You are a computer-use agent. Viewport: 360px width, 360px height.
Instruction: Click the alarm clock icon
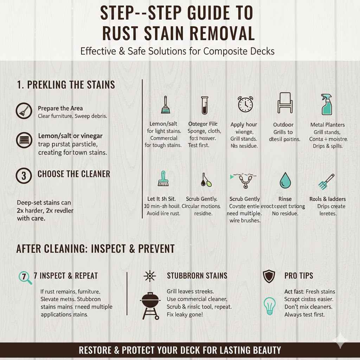[245, 104]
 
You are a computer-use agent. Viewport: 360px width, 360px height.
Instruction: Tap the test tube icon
[204, 105]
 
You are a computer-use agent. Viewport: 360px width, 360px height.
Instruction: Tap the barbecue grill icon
[150, 305]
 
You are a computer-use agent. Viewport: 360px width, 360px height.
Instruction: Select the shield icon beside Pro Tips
[269, 276]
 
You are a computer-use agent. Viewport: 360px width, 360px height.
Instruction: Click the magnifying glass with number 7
[25, 277]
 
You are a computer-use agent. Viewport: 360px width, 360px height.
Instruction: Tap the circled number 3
[24, 175]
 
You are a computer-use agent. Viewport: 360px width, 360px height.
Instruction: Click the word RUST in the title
[123, 34]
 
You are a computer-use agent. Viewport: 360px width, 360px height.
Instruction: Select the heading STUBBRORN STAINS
[197, 276]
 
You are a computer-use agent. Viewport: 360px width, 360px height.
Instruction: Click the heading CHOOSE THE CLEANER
[74, 174]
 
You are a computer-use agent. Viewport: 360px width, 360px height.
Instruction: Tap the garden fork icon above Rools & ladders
[326, 181]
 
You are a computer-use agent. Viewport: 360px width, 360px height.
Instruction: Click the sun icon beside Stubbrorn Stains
[150, 276]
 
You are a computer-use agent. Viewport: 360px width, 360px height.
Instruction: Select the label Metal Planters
[327, 125]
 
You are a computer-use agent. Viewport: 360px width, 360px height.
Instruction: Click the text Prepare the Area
[60, 108]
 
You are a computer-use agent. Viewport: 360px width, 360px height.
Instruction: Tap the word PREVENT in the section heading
[156, 249]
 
